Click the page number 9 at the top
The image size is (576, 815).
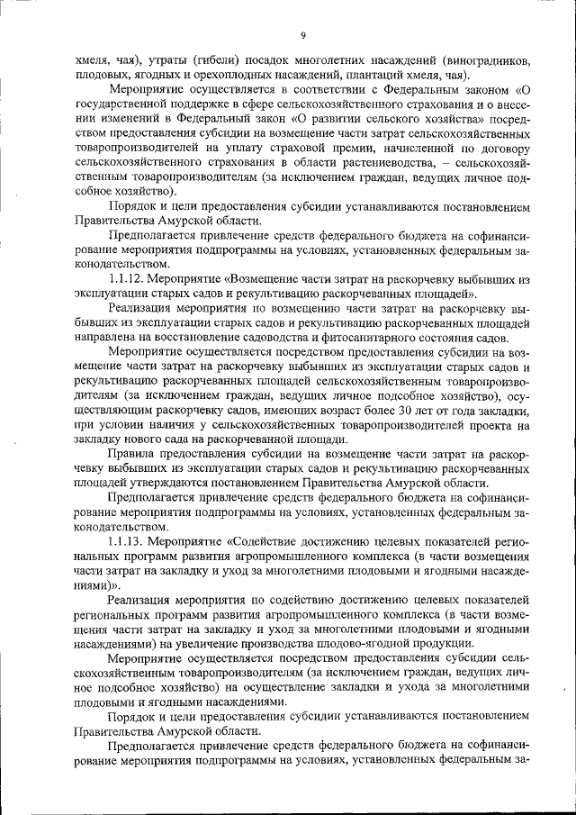(x=303, y=36)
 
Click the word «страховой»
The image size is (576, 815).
(x=286, y=149)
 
